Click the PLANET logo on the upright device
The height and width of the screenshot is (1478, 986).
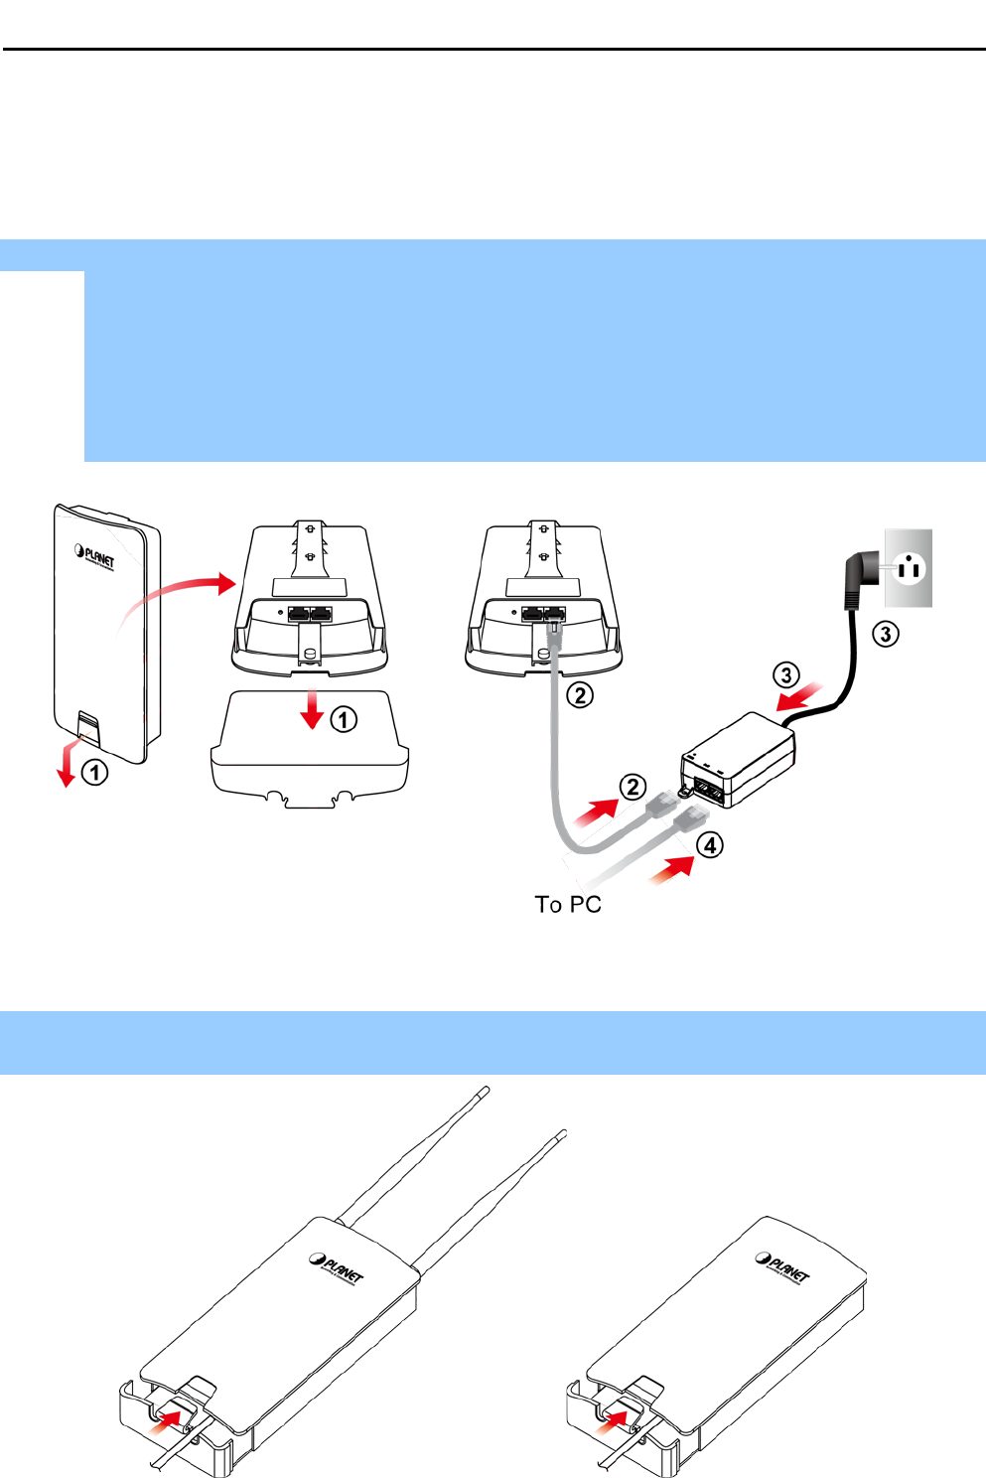click(95, 555)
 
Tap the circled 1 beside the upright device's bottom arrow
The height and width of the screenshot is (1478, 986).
click(94, 772)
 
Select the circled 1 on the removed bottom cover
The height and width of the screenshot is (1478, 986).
click(344, 719)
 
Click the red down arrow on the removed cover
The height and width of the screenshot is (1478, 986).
click(314, 709)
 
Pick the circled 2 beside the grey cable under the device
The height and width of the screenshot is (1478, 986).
click(580, 694)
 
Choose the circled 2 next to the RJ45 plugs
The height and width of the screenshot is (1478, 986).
click(634, 788)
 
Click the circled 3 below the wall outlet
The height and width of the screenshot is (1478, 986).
click(886, 633)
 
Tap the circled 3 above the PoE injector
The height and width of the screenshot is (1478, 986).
click(786, 675)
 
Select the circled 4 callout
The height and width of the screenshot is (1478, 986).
click(709, 845)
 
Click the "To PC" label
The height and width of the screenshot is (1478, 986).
click(568, 905)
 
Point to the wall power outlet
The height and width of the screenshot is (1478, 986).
click(909, 568)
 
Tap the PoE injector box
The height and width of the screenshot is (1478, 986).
click(739, 760)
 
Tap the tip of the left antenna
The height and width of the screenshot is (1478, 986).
click(486, 1091)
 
